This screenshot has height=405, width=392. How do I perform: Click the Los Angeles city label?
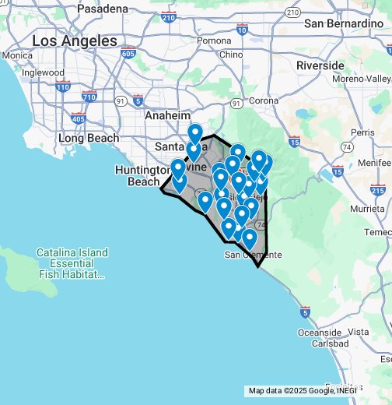coord(75,40)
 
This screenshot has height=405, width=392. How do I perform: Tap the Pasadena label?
coord(103,9)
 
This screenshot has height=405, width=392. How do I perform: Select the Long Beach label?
coord(89,139)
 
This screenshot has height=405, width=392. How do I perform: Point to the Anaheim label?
coord(167,115)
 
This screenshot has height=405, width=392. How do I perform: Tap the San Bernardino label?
coord(349,24)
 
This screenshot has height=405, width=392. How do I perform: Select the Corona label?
coord(264,100)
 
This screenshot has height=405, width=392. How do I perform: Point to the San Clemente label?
coord(252,255)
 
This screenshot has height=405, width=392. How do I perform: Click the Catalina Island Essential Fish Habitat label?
coord(70,263)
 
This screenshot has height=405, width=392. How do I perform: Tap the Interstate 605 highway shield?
coord(128,54)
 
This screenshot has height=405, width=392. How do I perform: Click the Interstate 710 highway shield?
coord(89,97)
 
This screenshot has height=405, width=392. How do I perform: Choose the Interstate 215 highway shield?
coord(378,189)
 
